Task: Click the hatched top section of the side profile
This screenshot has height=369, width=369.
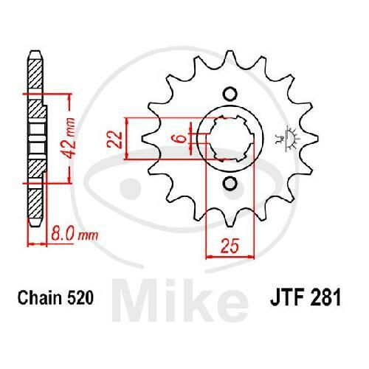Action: coord(33,74)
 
